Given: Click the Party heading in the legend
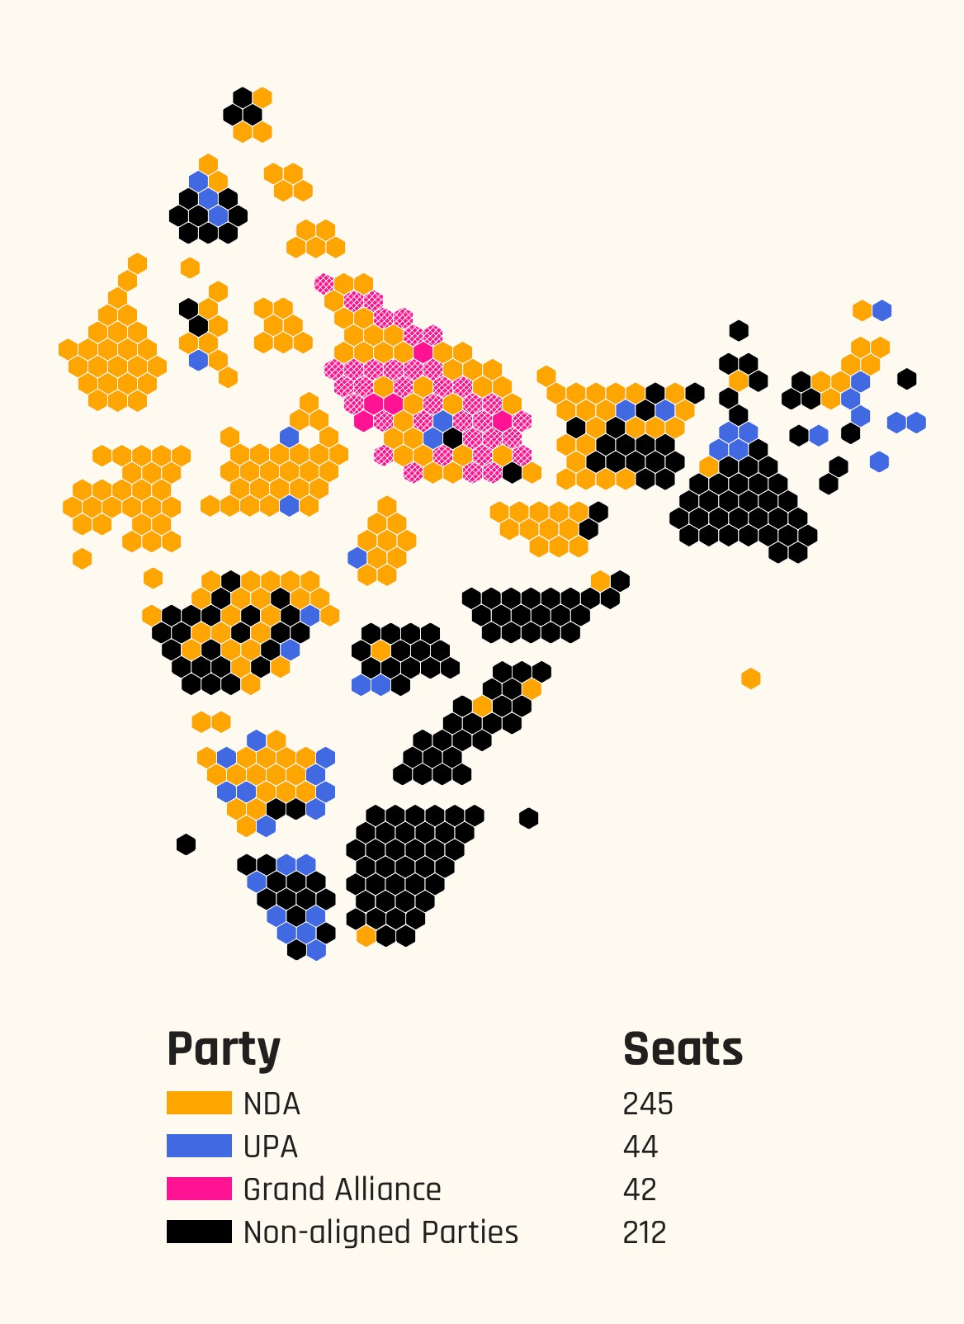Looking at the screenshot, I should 224,1050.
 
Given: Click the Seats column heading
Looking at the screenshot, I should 683,1050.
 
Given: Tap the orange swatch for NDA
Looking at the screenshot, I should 199,1104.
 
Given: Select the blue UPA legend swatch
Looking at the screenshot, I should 199,1147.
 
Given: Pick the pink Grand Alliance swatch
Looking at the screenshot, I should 199,1189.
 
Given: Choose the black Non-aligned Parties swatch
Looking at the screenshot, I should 199,1232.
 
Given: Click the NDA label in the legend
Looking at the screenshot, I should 272,1104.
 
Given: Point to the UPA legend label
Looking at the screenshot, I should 271,1147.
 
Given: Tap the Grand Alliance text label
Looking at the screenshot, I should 342,1190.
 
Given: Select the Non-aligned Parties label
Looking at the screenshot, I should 380,1233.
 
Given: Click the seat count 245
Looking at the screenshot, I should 648,1104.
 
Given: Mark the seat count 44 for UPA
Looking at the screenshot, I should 640,1147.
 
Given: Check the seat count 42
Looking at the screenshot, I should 640,1190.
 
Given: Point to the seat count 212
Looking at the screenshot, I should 645,1233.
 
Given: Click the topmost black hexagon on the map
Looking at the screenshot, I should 243,97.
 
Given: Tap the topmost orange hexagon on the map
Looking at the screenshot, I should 262,97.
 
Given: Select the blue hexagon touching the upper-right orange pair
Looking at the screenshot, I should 882,310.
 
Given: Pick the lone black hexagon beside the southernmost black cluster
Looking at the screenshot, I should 529,818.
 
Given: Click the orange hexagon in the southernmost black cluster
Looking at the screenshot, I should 366,936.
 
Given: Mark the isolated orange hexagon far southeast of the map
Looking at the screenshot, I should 750,679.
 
